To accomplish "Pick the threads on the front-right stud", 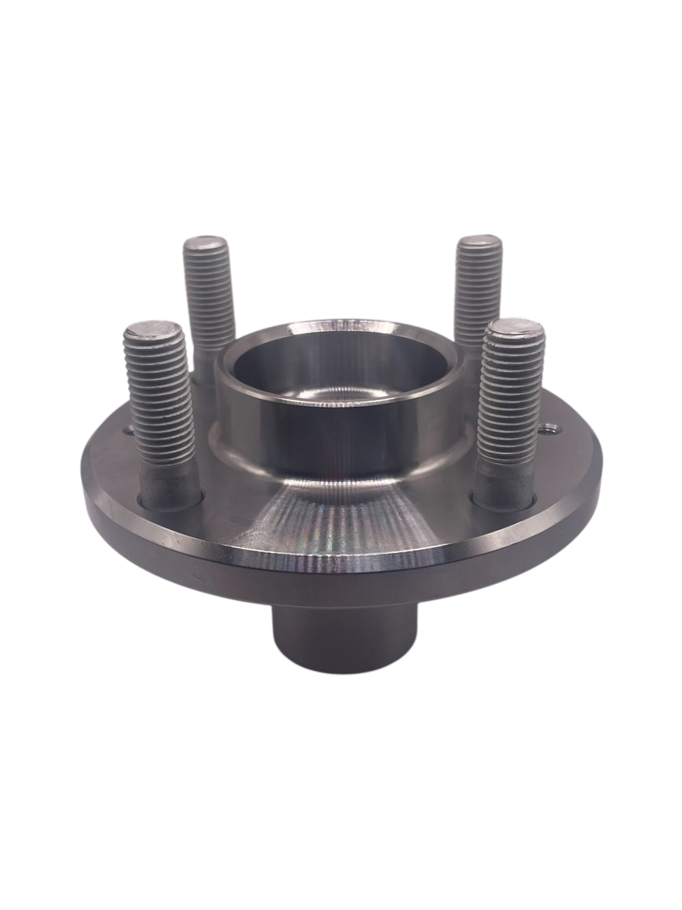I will (x=513, y=401).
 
